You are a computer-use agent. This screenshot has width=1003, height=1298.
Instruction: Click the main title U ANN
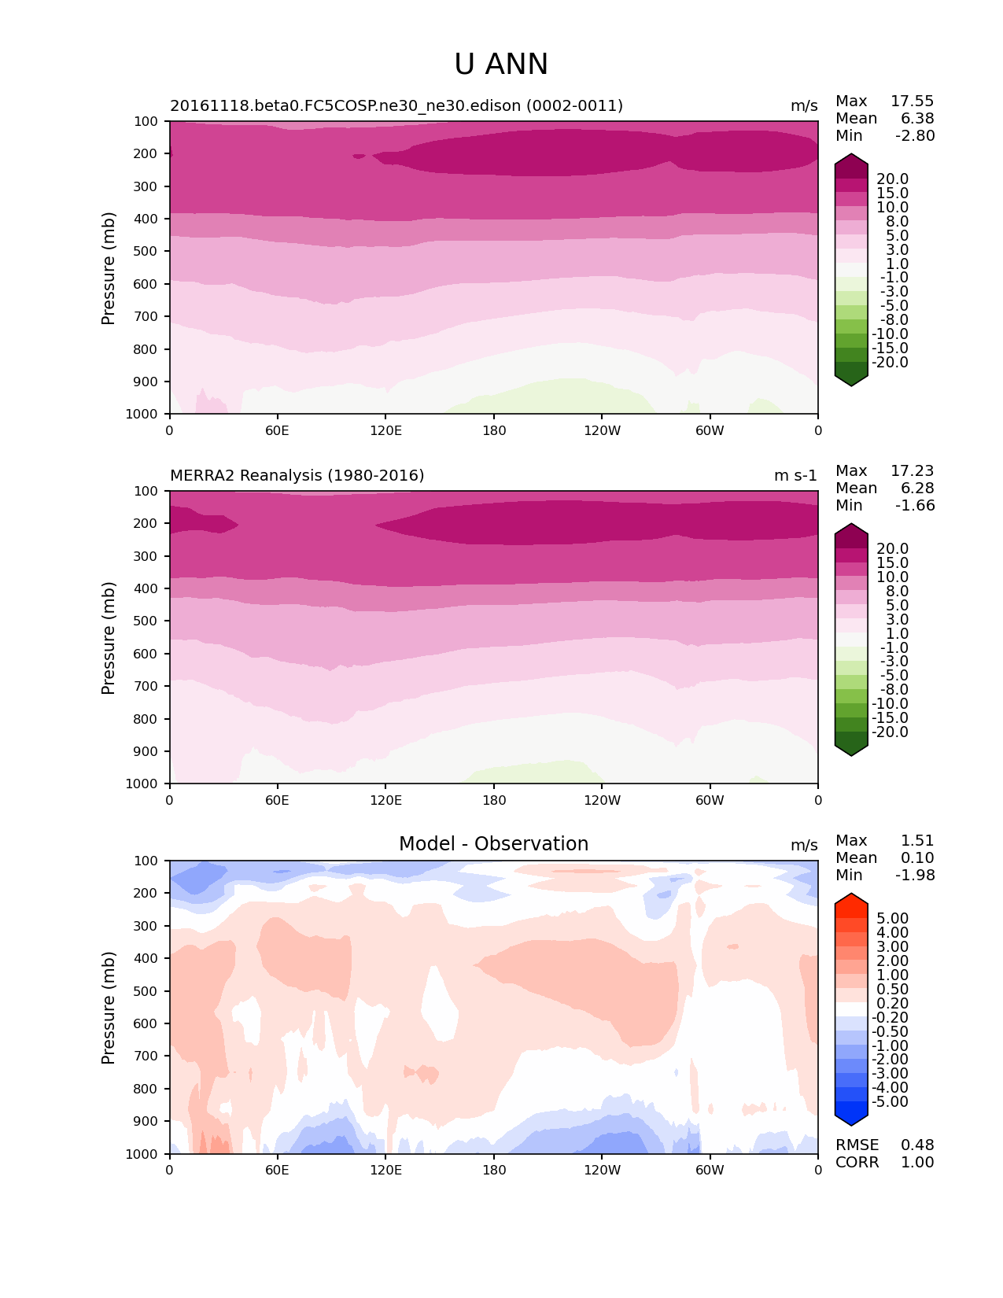pyautogui.click(x=501, y=65)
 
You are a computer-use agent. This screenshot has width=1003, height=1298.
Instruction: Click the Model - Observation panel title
pyautogui.click(x=493, y=844)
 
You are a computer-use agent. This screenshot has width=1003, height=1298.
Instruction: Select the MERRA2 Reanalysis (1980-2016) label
pyautogui.click(x=297, y=475)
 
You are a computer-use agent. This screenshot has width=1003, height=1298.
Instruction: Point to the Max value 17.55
pyautogui.click(x=912, y=101)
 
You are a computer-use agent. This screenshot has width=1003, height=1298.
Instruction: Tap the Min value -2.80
pyautogui.click(x=915, y=135)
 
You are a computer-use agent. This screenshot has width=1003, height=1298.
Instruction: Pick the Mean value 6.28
pyautogui.click(x=917, y=488)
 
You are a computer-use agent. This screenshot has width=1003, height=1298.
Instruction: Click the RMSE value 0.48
pyautogui.click(x=917, y=1145)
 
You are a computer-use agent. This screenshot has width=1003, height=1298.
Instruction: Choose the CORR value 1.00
pyautogui.click(x=917, y=1162)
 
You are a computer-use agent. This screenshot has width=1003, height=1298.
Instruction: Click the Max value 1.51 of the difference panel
pyautogui.click(x=917, y=840)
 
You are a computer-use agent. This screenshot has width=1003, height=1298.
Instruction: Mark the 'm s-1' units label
pyautogui.click(x=795, y=475)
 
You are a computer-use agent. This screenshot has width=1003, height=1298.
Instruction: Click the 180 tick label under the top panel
pyautogui.click(x=494, y=430)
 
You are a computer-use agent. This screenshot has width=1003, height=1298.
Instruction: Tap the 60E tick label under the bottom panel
pyautogui.click(x=277, y=1170)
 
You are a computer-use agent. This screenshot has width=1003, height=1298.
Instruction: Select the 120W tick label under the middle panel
pyautogui.click(x=602, y=800)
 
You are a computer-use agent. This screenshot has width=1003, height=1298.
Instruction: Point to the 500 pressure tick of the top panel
pyautogui.click(x=147, y=251)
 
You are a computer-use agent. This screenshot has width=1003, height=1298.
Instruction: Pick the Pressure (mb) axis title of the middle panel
pyautogui.click(x=109, y=637)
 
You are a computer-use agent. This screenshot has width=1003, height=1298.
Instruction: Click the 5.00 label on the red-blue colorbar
pyautogui.click(x=892, y=918)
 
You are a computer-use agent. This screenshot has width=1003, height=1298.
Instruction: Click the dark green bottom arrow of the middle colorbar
pyautogui.click(x=851, y=750)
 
